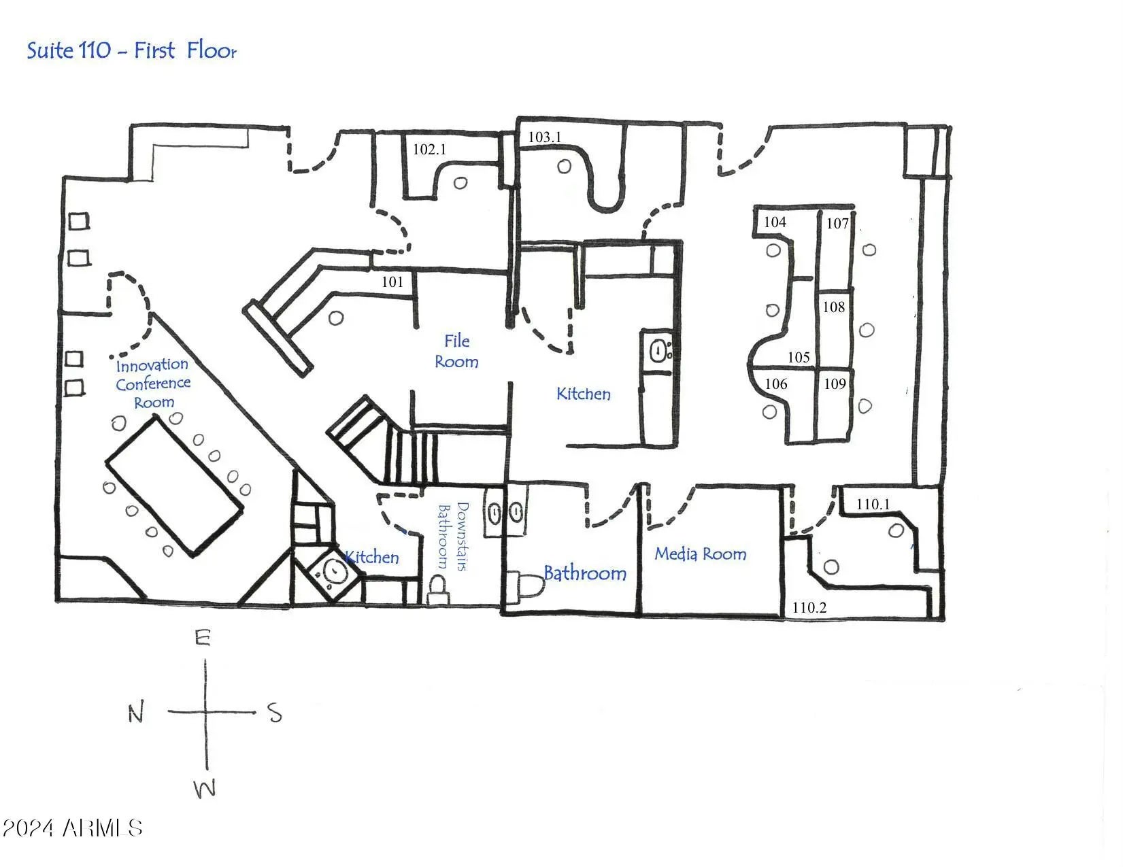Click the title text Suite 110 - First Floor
131,51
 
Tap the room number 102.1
429,149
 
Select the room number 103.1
545,137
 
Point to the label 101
392,282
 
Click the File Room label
456,351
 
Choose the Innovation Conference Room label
152,384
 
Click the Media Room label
700,554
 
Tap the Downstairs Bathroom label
452,537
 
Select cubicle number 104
775,222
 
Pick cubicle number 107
837,223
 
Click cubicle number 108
833,307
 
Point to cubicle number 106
775,384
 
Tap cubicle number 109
835,384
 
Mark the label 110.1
873,504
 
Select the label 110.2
809,607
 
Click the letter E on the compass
203,638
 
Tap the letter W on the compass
205,789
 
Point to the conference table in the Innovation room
174,486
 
